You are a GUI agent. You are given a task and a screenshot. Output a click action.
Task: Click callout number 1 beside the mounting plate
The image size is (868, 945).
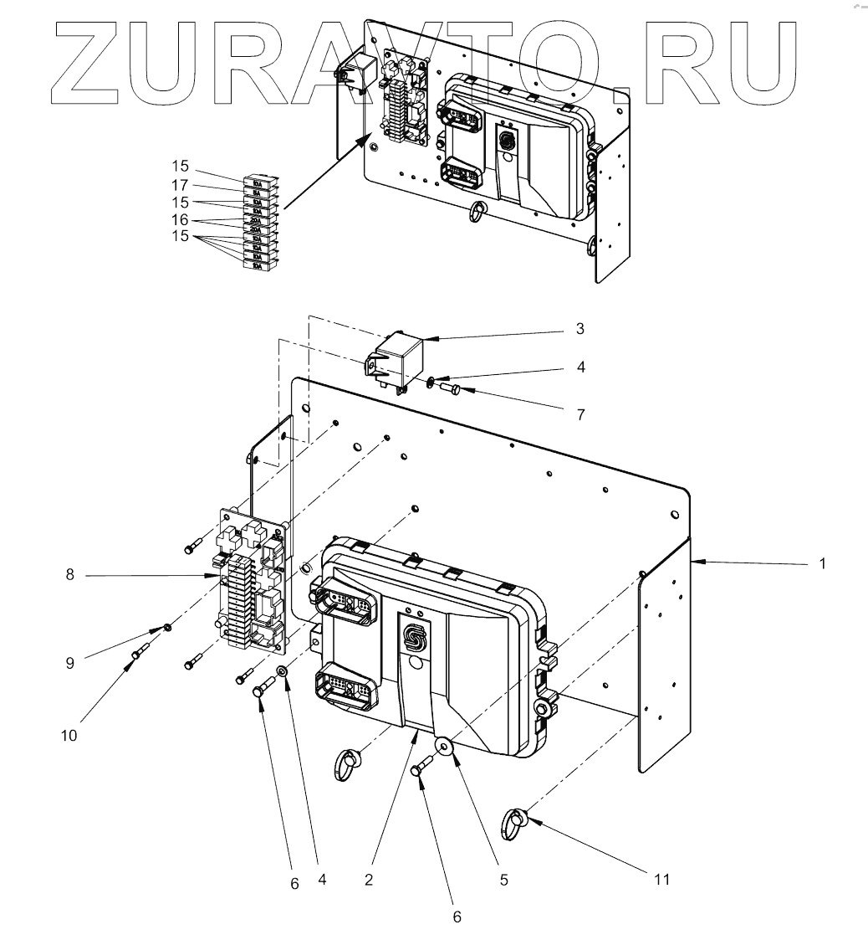coord(823,564)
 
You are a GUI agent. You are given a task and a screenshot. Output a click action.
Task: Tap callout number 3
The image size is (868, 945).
coord(580,329)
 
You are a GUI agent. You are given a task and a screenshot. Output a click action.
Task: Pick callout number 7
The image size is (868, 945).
coord(580,413)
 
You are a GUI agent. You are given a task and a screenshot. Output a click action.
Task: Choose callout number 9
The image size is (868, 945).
coord(70,663)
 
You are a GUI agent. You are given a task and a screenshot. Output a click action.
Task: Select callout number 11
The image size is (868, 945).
coord(662,879)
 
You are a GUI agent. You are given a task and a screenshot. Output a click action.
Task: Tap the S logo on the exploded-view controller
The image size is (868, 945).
coord(414,638)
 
